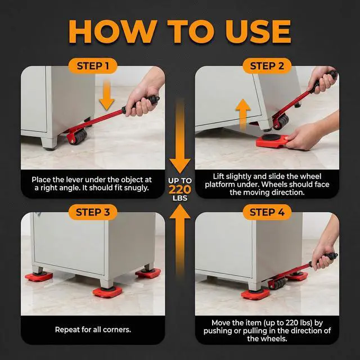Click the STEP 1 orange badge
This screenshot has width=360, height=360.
pyautogui.click(x=93, y=66)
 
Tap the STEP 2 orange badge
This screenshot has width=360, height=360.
pyautogui.click(x=267, y=66)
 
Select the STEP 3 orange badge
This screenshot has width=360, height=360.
pyautogui.click(x=93, y=212)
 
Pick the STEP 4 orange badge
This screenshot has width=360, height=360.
pyautogui.click(x=267, y=212)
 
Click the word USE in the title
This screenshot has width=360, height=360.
pyautogui.click(x=258, y=31)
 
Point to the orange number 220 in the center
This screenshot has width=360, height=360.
pyautogui.click(x=180, y=190)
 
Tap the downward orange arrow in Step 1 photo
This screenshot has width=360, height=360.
pyautogui.click(x=107, y=95)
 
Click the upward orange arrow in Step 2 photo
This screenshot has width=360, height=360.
pyautogui.click(x=243, y=115)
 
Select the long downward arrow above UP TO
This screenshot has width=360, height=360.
pyautogui.click(x=180, y=137)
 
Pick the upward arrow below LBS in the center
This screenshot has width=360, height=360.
pyautogui.click(x=180, y=238)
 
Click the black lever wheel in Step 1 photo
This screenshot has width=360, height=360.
pyautogui.click(x=79, y=137)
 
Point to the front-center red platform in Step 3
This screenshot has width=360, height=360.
pyautogui.click(x=107, y=291)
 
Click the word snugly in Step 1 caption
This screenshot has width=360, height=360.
pyautogui.click(x=136, y=188)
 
